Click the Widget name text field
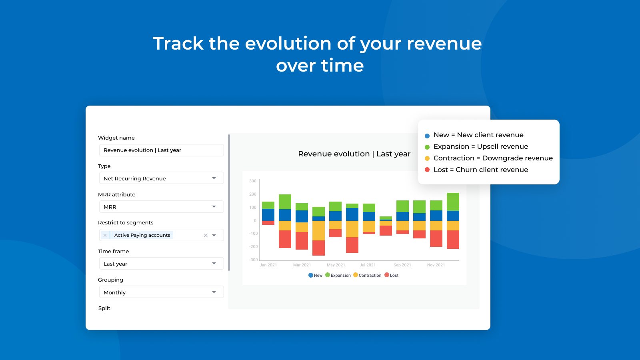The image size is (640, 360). coord(162,150)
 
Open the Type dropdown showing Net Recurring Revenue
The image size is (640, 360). coord(162,178)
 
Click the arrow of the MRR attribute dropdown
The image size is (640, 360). coord(214,206)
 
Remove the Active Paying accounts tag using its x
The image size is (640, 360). coord(105,235)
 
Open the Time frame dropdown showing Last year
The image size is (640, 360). coord(162,264)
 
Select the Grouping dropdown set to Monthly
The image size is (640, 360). coord(162,292)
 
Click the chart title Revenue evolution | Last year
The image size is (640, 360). coord(354,154)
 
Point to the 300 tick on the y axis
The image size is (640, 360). coord(252,181)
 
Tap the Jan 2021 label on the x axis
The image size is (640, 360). coord(268,265)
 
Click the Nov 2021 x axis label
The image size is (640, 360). coord(436,265)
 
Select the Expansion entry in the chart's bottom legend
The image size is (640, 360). coord(338,275)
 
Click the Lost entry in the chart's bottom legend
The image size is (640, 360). coord(392,275)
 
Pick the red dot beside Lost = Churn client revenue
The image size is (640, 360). coord(427,170)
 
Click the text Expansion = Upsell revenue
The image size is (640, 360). coord(481,146)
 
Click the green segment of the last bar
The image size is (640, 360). coord(453,202)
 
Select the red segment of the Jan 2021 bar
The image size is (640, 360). coord(268,223)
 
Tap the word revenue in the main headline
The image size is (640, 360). coord(444,44)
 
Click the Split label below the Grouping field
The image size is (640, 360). coord(104,308)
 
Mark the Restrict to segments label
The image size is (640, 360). coord(126,222)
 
